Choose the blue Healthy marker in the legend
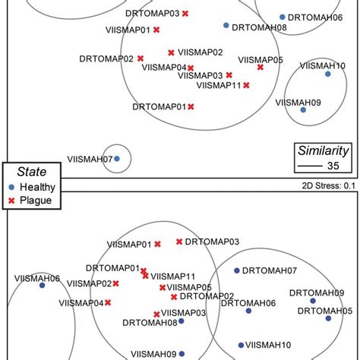tap(11, 186)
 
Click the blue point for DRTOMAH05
tap(328, 318)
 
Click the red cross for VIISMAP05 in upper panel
tap(261, 67)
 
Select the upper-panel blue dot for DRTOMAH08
tap(226, 26)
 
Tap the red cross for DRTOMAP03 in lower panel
tap(179, 242)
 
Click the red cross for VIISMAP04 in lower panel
tap(109, 302)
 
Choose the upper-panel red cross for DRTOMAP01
tap(191, 106)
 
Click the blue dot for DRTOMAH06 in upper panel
tap(282, 17)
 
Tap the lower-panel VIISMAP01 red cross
tap(157, 245)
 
